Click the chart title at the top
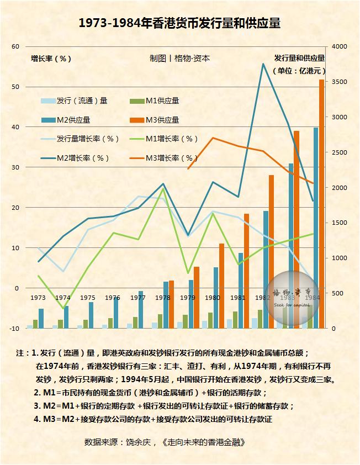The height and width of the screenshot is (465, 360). [179, 23]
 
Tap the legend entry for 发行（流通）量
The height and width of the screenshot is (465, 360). [74, 101]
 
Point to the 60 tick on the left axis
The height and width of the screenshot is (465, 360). [15, 47]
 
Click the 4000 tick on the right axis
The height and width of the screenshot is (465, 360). [338, 47]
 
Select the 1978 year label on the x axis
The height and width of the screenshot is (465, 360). [162, 298]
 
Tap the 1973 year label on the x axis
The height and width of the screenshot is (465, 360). [38, 298]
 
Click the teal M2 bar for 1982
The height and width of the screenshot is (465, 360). [266, 270]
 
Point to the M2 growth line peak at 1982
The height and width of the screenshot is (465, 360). [262, 64]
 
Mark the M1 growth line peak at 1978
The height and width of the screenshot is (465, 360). [163, 189]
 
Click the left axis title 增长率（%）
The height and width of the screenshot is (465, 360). [51, 59]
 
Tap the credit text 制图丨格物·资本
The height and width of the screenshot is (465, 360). [179, 58]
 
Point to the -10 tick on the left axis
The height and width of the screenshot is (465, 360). [14, 329]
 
